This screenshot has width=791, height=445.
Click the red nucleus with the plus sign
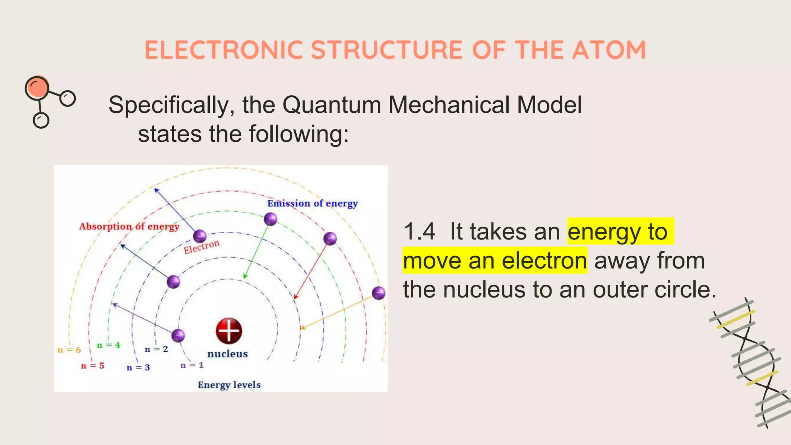(x=229, y=331)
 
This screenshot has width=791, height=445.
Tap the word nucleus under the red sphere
(x=227, y=354)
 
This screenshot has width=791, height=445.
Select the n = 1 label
(x=192, y=365)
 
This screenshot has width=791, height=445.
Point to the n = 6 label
(x=69, y=350)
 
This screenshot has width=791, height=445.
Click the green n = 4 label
(x=109, y=345)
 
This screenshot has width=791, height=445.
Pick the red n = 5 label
(x=93, y=365)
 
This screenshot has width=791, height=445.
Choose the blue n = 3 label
(x=138, y=367)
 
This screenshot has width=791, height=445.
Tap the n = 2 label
(x=156, y=349)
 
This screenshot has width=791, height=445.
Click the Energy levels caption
(x=229, y=385)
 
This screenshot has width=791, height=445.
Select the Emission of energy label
(x=312, y=203)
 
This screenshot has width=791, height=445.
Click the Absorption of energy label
(x=129, y=226)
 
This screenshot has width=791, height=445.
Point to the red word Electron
(x=201, y=247)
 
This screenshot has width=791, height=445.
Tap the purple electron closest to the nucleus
(x=178, y=335)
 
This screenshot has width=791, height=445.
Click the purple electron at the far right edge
(x=379, y=293)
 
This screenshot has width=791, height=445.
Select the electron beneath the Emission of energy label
(x=270, y=219)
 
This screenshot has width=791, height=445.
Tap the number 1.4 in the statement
(x=419, y=232)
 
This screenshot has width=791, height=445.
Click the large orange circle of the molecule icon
(x=37, y=88)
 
